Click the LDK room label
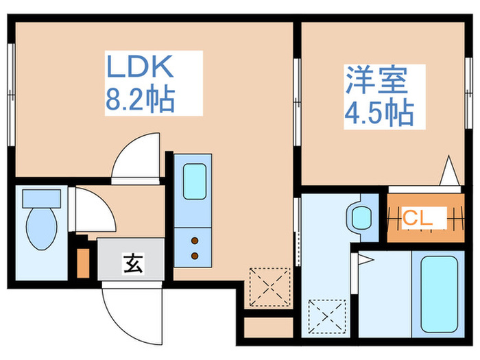click(140, 66)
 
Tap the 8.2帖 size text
click(140, 99)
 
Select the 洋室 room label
click(377, 80)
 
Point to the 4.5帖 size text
click(379, 113)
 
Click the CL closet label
click(418, 217)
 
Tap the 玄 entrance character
click(133, 263)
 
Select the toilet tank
click(42, 198)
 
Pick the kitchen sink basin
click(194, 182)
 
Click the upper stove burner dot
click(195, 241)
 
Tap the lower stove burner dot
click(195, 256)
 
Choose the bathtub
click(440, 294)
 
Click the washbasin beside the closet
click(361, 218)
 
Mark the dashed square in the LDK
click(269, 287)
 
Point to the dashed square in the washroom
click(327, 317)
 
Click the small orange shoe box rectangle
click(83, 263)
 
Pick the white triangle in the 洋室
click(449, 171)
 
